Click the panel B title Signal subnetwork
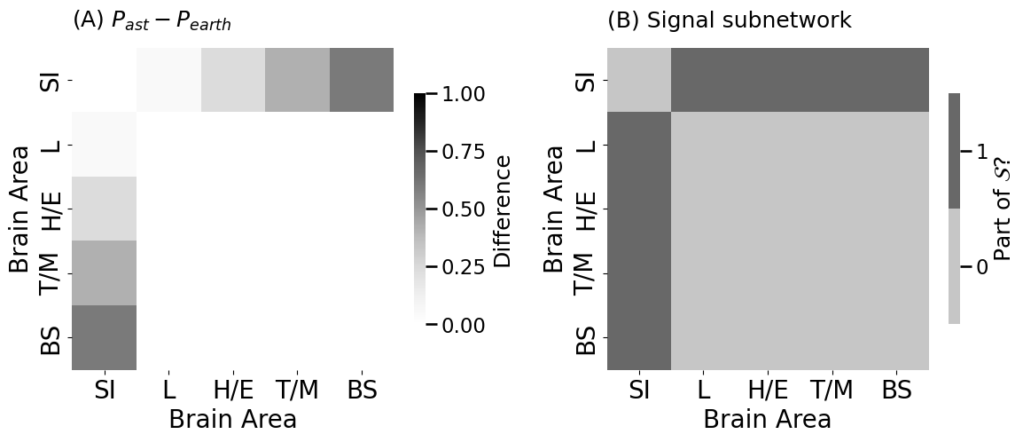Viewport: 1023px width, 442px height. coord(729,20)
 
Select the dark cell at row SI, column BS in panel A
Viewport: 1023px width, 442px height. coord(362,80)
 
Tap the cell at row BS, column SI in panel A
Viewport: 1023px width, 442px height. coord(105,337)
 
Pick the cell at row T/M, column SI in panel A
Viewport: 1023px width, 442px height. coord(105,272)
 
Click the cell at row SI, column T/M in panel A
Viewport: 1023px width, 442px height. coord(297,80)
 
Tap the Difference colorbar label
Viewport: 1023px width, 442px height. coord(504,210)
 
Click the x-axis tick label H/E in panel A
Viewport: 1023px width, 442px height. coord(233,391)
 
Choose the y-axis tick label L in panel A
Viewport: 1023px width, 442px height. coord(52,145)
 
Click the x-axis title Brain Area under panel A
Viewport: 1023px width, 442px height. coord(232,420)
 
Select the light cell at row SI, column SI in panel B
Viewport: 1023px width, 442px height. coord(639,80)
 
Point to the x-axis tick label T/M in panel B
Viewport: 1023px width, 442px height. coord(832,391)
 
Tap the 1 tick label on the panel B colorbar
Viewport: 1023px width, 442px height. coord(981,152)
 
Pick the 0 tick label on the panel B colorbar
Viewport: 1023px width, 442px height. coord(981,267)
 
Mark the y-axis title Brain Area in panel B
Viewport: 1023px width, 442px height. coord(554,209)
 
